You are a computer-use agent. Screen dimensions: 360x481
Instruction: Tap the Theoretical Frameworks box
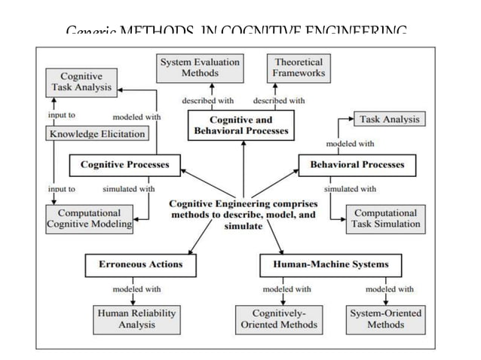(300, 68)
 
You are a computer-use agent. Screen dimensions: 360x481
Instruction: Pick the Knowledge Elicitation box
(97, 134)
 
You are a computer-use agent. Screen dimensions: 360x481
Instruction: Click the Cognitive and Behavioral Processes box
(240, 125)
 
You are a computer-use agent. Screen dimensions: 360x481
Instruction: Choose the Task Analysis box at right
(389, 119)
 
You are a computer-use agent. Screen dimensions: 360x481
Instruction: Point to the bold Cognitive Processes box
(125, 164)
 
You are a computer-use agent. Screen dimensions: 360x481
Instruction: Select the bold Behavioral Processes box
(357, 164)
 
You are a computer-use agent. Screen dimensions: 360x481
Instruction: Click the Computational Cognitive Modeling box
(90, 218)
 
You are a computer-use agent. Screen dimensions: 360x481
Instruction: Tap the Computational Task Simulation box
(386, 218)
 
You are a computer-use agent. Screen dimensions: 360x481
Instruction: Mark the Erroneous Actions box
(140, 264)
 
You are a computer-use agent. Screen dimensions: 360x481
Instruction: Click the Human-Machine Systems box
(330, 264)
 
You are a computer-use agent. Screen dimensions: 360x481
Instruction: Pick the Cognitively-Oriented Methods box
(277, 319)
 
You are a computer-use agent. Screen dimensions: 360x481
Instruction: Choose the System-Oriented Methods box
(386, 319)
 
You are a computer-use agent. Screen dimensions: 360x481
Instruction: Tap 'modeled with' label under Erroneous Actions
(136, 288)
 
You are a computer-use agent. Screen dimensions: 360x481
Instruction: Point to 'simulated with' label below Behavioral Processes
(350, 189)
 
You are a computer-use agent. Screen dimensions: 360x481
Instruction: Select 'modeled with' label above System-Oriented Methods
(389, 288)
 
